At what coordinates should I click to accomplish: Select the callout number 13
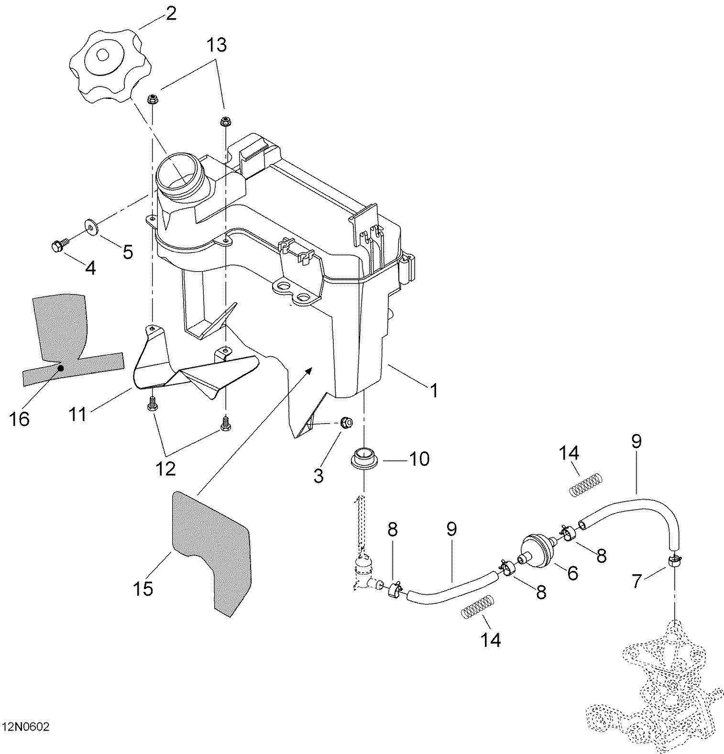(x=217, y=46)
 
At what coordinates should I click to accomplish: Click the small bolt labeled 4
(x=57, y=246)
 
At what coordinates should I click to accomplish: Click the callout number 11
(x=77, y=415)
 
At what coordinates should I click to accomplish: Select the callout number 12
(x=165, y=469)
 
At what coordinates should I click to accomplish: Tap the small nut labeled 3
(x=347, y=422)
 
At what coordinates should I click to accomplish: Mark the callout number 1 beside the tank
(x=433, y=391)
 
